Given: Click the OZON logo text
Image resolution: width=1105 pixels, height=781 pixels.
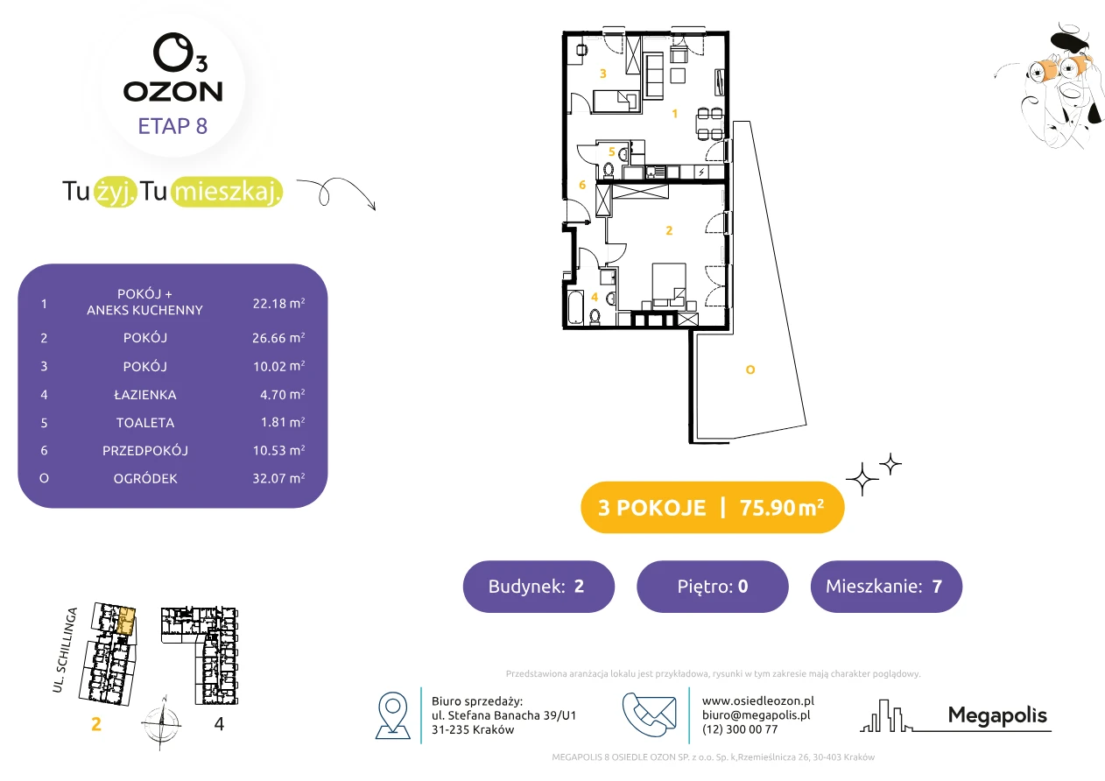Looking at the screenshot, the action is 172,92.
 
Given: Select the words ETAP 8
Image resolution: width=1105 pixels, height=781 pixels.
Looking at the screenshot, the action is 172,126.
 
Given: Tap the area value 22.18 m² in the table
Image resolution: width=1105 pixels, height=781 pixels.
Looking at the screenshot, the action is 278,303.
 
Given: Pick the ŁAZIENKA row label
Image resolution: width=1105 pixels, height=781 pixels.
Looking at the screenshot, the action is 145,395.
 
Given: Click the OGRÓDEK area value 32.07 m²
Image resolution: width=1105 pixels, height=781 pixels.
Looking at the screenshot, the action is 278,478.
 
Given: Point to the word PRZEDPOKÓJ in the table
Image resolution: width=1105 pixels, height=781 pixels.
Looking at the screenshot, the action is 145,450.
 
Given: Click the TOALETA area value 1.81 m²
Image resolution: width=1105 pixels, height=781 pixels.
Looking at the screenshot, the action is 283,422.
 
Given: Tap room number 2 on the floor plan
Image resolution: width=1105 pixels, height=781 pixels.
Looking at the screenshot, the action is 669,230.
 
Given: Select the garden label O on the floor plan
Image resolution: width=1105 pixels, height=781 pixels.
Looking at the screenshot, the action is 750,369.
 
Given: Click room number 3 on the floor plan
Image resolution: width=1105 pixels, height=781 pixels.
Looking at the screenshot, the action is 602,74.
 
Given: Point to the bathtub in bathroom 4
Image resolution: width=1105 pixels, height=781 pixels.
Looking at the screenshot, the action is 575,307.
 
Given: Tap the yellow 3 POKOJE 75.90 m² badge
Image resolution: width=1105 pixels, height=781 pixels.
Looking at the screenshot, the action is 713,507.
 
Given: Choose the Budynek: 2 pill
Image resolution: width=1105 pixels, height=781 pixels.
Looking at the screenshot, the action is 538,586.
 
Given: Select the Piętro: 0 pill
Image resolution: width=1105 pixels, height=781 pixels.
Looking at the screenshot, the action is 713,586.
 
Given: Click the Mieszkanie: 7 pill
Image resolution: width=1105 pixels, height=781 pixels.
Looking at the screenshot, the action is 886,586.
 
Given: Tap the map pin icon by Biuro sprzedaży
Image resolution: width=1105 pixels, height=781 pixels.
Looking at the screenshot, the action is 392,715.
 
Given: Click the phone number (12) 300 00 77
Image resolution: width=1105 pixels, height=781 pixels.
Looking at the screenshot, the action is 740,729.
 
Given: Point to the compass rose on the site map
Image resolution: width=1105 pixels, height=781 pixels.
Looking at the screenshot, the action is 161,723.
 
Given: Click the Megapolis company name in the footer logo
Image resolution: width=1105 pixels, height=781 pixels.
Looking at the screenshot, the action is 997,715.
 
